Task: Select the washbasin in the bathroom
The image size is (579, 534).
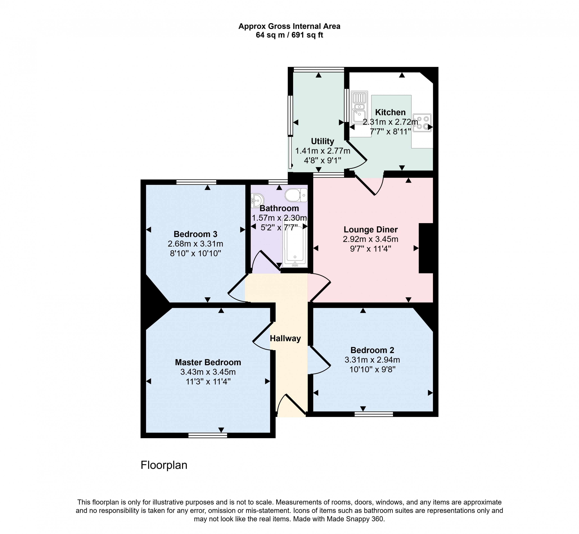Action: pos(257,200)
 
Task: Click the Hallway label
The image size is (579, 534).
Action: pos(285,338)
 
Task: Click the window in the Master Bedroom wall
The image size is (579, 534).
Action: pos(208,435)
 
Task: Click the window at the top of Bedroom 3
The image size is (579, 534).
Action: pos(196,182)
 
